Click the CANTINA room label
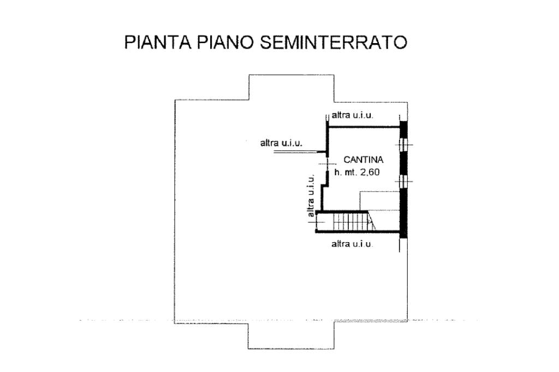tap(364, 160)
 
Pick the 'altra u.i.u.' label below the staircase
tap(352, 244)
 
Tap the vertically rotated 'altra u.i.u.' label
tap(311, 196)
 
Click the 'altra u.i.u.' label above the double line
tap(282, 143)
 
